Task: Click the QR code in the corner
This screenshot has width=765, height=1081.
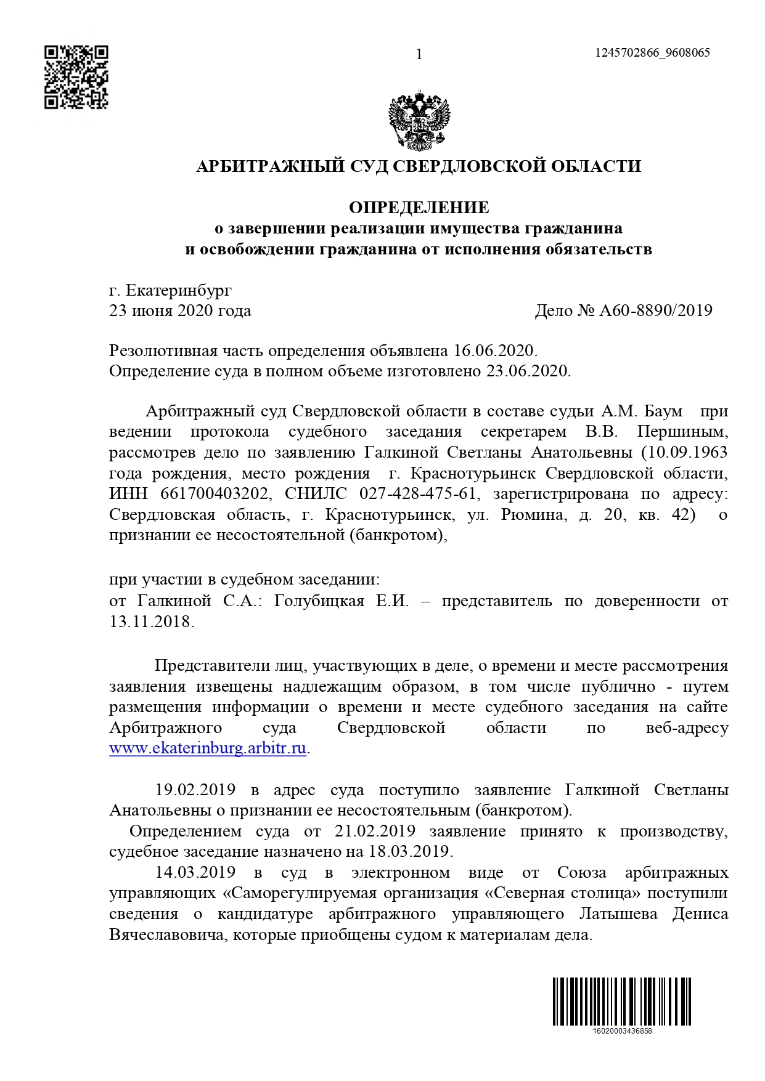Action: pyautogui.click(x=76, y=77)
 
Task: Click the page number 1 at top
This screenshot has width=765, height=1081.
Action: pyautogui.click(x=419, y=55)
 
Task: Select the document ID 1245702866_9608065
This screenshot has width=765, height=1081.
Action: pyautogui.click(x=652, y=52)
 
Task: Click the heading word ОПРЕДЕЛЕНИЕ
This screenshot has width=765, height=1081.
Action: pyautogui.click(x=419, y=208)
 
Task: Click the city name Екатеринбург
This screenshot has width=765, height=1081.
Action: pyautogui.click(x=179, y=289)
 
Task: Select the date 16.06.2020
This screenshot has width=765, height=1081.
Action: pyautogui.click(x=495, y=351)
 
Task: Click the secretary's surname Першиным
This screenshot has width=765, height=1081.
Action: pyautogui.click(x=682, y=432)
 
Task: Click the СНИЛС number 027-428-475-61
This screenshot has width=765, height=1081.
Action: pyautogui.click(x=417, y=494)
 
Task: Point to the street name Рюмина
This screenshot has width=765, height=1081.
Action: pyautogui.click(x=533, y=515)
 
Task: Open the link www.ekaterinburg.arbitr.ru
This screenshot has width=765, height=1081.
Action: pyautogui.click(x=208, y=749)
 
